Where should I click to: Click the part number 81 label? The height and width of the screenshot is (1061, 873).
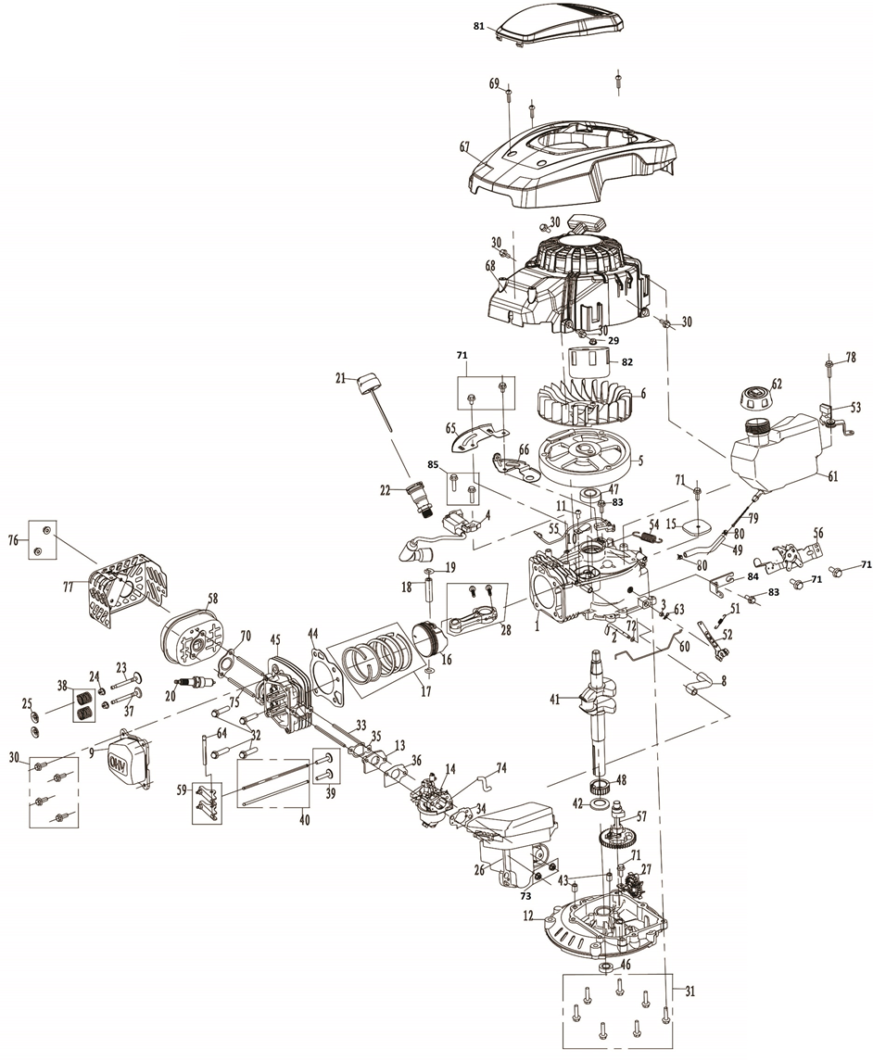(478, 26)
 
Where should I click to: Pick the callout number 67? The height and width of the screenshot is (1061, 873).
(464, 145)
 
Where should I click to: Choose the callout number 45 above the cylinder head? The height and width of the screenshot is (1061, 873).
(274, 639)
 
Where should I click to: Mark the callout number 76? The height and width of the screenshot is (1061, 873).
(13, 540)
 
